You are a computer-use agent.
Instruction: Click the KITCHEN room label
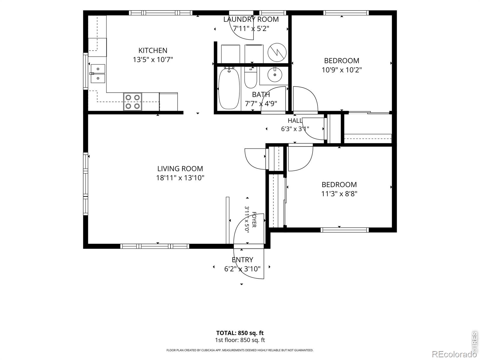[153, 50]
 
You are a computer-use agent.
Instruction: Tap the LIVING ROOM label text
[180, 169]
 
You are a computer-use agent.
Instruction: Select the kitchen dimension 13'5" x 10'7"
[153, 59]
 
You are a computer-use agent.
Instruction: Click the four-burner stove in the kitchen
[133, 102]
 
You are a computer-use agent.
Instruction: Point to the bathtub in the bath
[229, 88]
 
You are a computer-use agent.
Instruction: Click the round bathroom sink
[275, 74]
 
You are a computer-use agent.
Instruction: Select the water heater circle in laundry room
[277, 52]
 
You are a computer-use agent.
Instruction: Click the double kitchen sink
[98, 74]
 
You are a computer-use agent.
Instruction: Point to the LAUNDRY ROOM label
[251, 19]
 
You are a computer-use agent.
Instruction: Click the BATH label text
[261, 94]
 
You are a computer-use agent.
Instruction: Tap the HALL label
[295, 120]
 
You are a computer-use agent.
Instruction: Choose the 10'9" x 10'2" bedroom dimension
[342, 70]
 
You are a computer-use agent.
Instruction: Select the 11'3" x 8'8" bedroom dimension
[339, 194]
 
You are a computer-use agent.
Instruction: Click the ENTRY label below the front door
[242, 260]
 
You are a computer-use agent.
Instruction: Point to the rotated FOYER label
[254, 220]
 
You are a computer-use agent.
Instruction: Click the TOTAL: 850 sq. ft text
[240, 333]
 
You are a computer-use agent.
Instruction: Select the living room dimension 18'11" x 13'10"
[180, 178]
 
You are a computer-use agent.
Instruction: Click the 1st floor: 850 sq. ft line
[240, 340]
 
